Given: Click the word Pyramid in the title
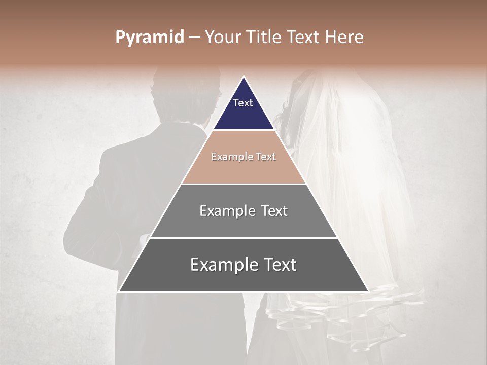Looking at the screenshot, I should (x=150, y=38).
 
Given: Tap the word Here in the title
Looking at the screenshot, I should (x=344, y=37).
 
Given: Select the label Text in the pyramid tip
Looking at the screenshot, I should (x=243, y=103).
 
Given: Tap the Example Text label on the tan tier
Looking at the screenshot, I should (x=243, y=157).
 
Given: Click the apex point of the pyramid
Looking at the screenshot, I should (x=243, y=77).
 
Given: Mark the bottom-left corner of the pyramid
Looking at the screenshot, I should (x=119, y=291).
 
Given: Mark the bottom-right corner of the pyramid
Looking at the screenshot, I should (x=368, y=291).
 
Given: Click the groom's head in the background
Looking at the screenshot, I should (x=185, y=96).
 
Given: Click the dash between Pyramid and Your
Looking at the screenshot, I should (x=194, y=38).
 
